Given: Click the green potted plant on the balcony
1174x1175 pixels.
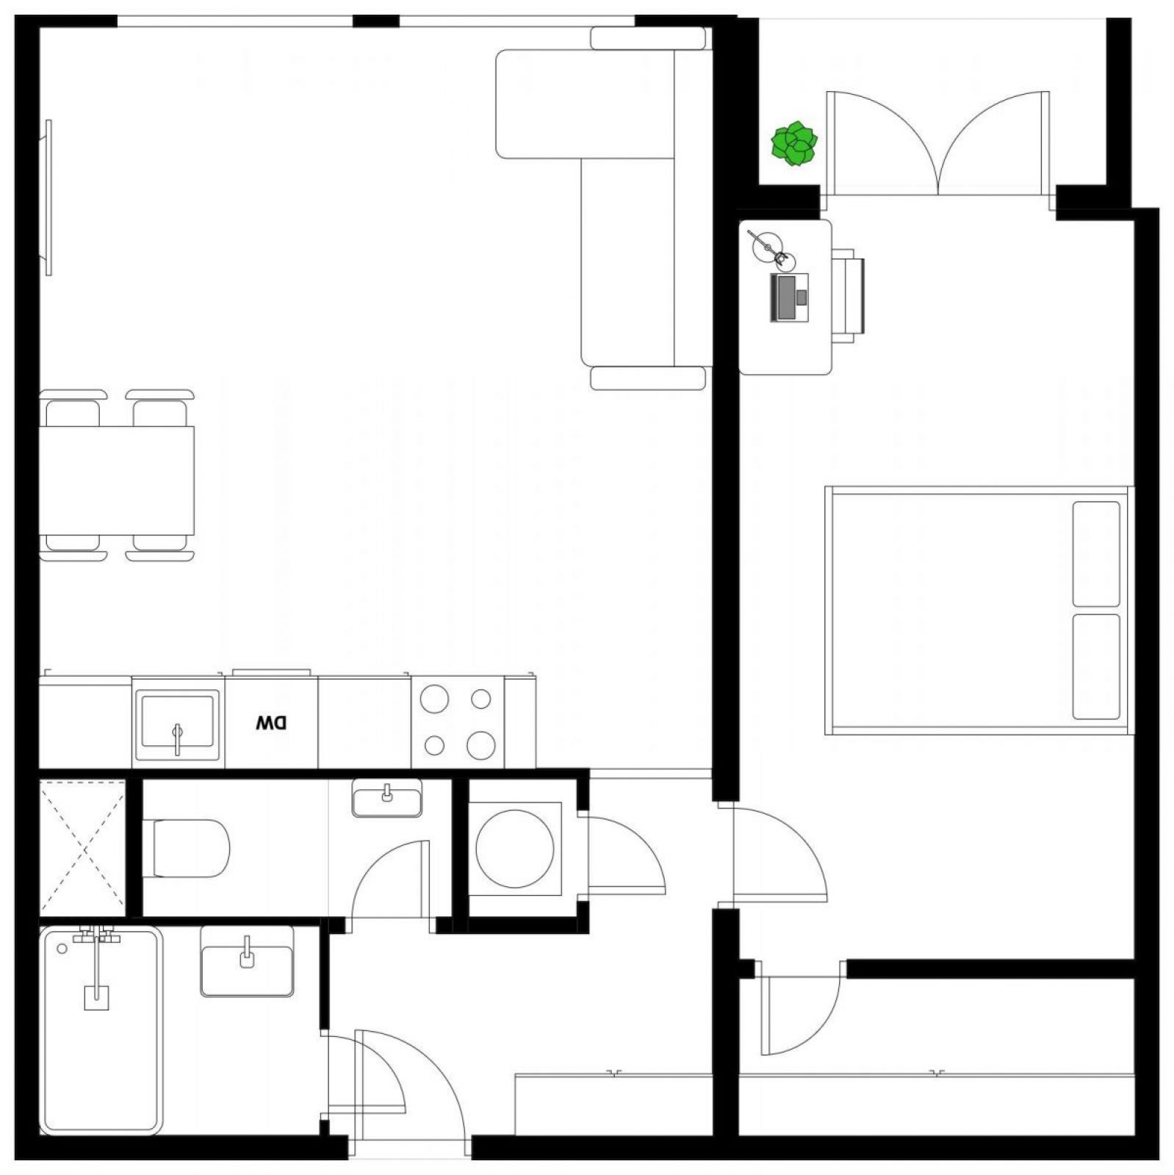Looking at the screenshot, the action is tap(793, 143).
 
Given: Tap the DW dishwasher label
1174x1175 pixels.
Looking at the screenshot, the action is tap(271, 723).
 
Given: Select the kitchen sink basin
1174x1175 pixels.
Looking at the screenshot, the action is tap(177, 726).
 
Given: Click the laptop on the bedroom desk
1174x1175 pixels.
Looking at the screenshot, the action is tap(788, 297).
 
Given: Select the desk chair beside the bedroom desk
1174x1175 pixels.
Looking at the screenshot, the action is tap(848, 294).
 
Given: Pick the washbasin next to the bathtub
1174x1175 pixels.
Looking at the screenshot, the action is tap(247, 960).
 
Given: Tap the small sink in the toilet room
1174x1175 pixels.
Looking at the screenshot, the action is tap(387, 798).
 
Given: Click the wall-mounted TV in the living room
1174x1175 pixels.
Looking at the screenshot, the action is tap(48, 198).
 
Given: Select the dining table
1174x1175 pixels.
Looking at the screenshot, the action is tap(116, 481).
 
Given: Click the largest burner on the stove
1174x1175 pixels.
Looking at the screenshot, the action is tap(480, 745).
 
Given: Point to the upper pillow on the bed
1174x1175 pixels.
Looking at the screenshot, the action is tap(1095, 554).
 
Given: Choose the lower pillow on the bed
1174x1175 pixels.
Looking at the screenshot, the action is tap(1095, 666).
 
